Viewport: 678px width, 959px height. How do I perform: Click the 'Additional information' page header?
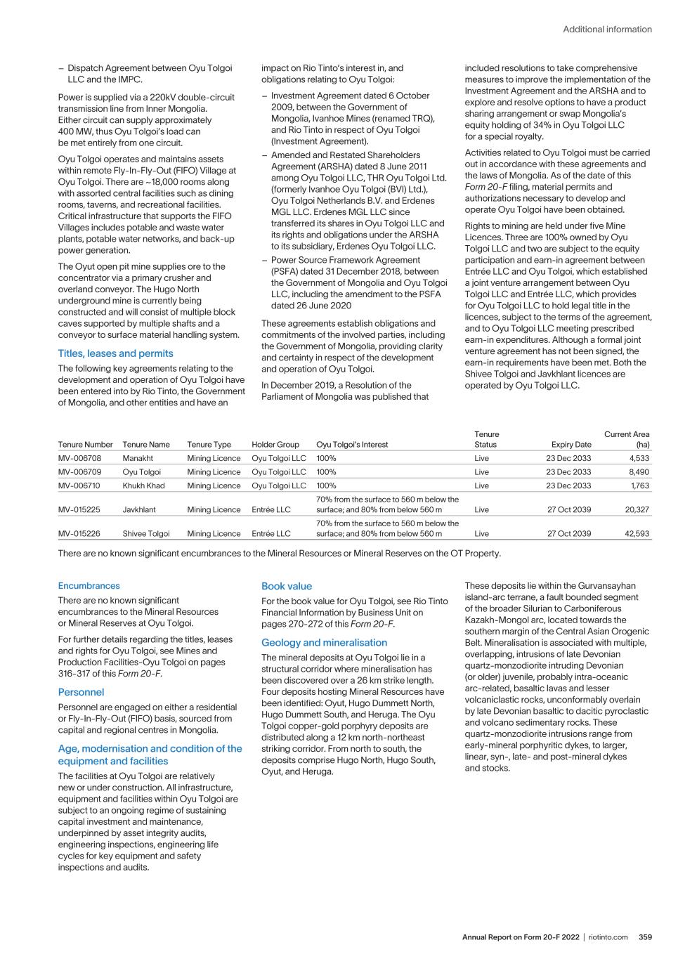click(607, 30)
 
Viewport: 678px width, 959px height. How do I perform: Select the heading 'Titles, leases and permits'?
click(115, 353)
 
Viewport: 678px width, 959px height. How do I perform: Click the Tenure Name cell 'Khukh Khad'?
click(143, 485)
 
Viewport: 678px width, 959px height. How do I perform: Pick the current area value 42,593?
click(637, 533)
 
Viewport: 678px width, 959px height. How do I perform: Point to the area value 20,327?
click(637, 509)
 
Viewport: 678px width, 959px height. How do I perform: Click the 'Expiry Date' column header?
click(571, 444)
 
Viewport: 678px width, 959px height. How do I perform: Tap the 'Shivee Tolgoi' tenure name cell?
click(145, 533)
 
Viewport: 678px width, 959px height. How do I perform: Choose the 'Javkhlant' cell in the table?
click(139, 509)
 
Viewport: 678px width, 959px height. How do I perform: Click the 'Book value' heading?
click(287, 586)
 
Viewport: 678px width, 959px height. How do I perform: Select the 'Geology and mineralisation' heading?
click(324, 642)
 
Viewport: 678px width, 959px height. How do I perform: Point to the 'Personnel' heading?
click(81, 692)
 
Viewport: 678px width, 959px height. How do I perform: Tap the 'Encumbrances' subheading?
click(89, 586)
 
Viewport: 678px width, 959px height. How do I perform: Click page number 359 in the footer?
click(645, 937)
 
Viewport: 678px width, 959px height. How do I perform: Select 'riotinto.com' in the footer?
click(608, 937)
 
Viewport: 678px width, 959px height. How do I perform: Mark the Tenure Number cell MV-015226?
click(79, 533)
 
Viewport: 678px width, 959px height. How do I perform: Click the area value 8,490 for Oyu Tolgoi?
click(639, 472)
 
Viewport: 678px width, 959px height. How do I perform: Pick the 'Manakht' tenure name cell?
click(138, 458)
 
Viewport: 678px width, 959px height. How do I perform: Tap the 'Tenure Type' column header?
click(209, 444)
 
